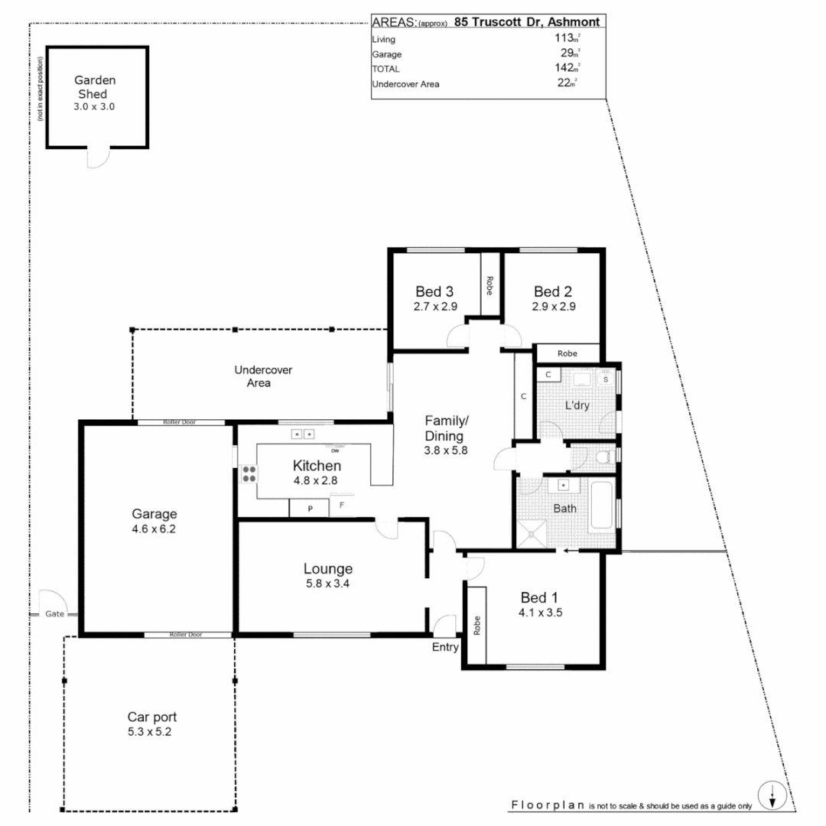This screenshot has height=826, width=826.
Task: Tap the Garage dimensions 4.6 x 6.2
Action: [x=154, y=528]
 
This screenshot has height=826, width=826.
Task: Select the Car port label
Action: [x=152, y=717]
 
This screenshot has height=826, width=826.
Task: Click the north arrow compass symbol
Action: [x=773, y=796]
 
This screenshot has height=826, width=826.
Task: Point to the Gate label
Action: [x=54, y=614]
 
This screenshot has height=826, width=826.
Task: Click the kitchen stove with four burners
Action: [x=249, y=473]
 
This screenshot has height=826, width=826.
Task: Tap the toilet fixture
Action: [x=603, y=457]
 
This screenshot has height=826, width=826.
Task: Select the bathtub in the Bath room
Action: [x=602, y=504]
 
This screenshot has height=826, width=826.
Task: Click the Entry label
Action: [x=445, y=647]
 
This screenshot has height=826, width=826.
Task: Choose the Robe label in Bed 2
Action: [x=567, y=353]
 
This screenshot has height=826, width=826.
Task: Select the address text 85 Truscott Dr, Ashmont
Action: [x=526, y=22]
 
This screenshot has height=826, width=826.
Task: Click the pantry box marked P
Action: [x=309, y=508]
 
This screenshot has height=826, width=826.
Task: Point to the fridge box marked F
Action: [x=342, y=506]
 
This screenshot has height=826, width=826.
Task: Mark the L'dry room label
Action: [x=577, y=406]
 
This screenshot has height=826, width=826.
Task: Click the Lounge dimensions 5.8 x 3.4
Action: [x=328, y=584]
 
